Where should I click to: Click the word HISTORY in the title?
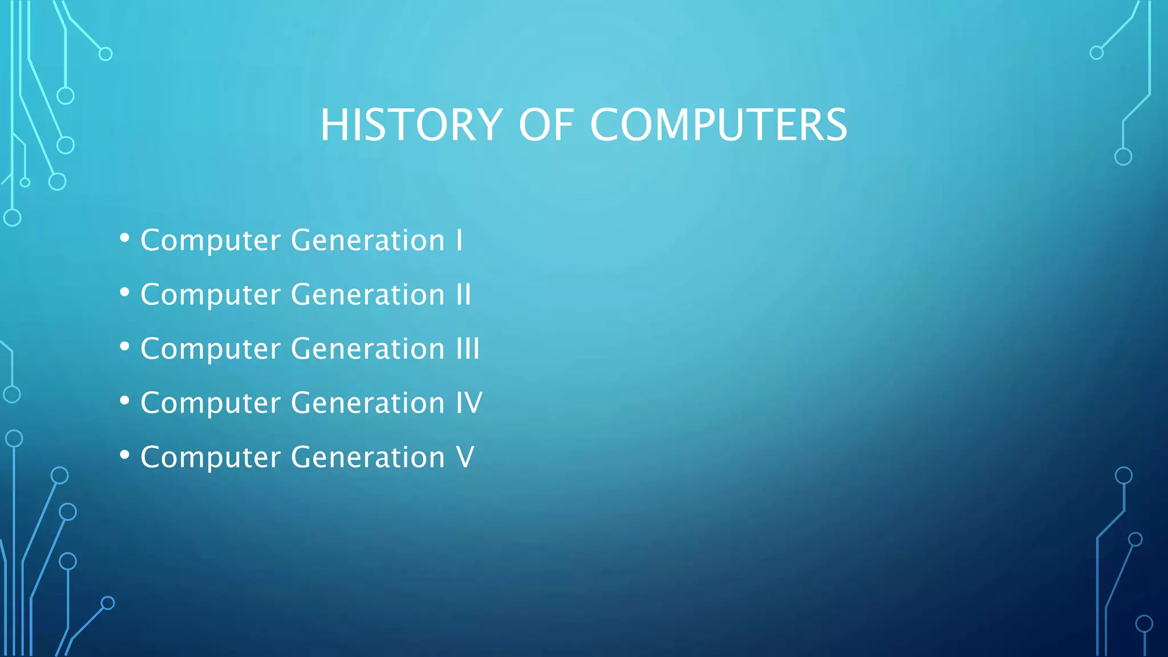coord(411,125)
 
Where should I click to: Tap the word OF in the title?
coord(546,125)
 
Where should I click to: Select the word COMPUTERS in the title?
coord(719,125)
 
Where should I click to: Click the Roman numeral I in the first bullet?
coord(459,240)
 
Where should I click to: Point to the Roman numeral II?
coord(464,295)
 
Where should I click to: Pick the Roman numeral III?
coord(468,349)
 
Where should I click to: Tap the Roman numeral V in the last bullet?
coord(465,457)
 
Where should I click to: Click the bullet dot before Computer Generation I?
coord(125,238)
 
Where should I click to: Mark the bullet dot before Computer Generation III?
coord(125,347)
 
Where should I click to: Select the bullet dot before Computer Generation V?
coord(125,455)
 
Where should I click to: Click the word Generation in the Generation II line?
coord(368,295)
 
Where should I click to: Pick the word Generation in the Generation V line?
coord(368,457)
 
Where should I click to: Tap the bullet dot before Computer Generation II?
coord(125,293)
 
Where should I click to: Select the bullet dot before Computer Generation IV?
coord(125,401)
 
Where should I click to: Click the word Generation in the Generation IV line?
coord(368,403)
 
